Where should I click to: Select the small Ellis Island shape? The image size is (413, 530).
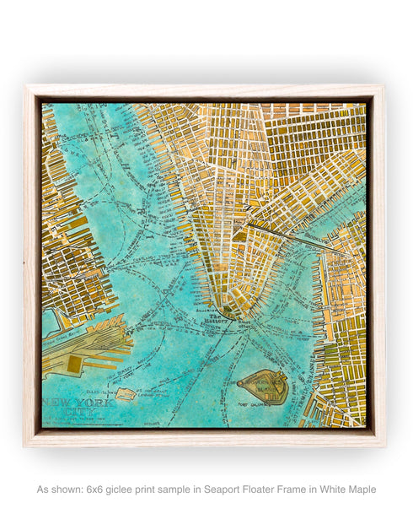pos(126,393)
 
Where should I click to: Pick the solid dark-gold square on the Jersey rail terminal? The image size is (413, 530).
pos(73,364)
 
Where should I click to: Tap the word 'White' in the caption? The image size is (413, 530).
pos(330,489)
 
